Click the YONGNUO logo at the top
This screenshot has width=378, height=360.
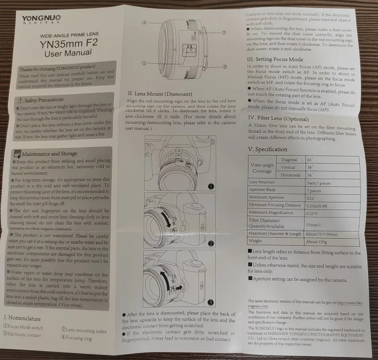pos(41,19)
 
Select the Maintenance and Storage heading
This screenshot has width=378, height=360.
pos(51,154)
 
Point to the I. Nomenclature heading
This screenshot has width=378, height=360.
pos(25,318)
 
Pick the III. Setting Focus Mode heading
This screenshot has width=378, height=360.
pos(281,59)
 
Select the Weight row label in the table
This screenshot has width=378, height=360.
pos(257,242)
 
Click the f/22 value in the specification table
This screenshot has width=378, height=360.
pos(311,197)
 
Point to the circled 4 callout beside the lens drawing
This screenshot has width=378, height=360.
pos(144,23)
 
